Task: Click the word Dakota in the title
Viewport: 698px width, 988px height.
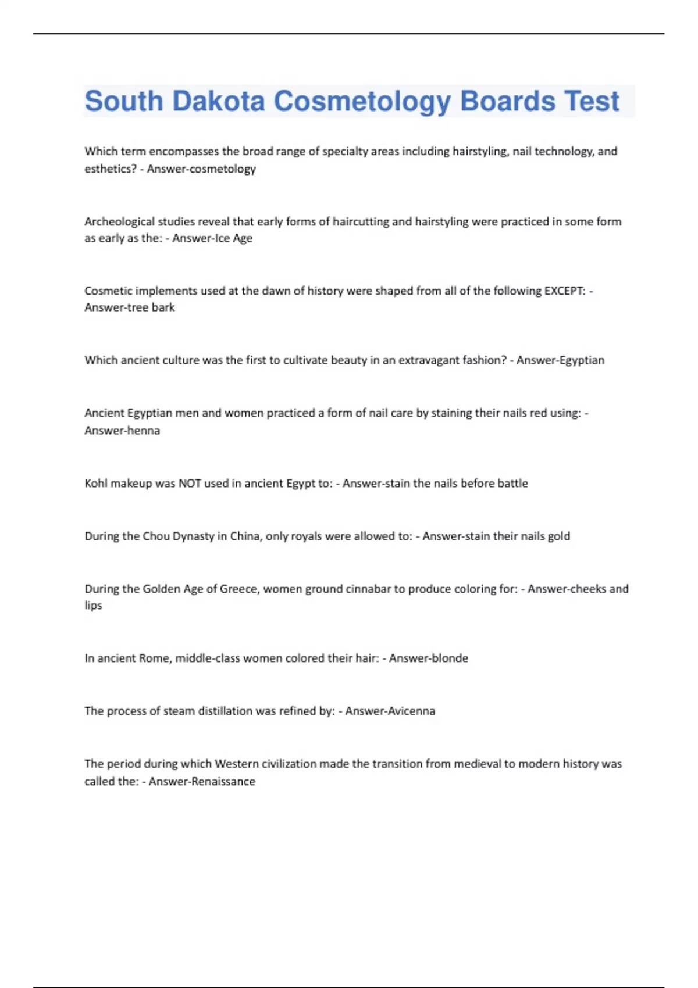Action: pos(218,101)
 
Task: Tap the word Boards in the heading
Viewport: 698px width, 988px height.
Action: pos(507,101)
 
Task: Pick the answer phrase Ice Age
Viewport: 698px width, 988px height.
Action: pos(234,238)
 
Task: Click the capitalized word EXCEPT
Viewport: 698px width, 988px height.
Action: pos(564,291)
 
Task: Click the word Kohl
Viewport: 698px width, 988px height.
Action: pos(95,484)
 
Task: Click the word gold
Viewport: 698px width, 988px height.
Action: pos(559,536)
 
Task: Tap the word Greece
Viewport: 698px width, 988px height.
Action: pos(238,589)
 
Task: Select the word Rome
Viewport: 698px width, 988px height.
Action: pos(154,658)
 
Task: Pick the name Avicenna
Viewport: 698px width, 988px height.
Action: pos(411,711)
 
